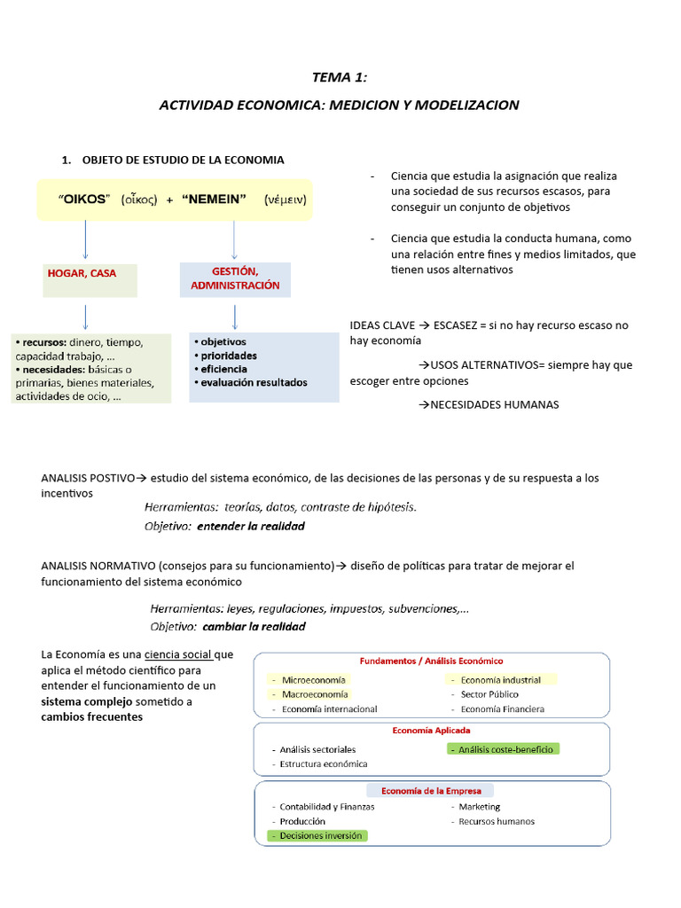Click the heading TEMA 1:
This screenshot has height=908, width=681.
[x=339, y=78]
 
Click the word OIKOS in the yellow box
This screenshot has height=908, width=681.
[x=83, y=200]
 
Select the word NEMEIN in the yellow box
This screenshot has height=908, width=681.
[x=213, y=200]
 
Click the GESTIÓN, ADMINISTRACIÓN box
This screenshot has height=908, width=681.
[x=235, y=278]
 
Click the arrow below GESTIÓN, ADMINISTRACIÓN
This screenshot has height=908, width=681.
[x=234, y=316]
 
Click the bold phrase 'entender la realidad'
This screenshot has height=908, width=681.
[x=251, y=527]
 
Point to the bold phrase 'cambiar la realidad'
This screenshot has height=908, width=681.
[x=254, y=627]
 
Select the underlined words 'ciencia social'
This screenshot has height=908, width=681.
[x=178, y=655]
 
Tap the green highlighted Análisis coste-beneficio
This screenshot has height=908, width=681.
[x=505, y=749]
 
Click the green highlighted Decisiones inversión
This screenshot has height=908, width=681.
[x=319, y=835]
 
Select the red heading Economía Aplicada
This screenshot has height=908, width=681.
[x=431, y=731]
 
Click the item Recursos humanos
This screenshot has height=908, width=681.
[x=497, y=821]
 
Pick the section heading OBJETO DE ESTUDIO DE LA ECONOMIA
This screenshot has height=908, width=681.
[x=183, y=160]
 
